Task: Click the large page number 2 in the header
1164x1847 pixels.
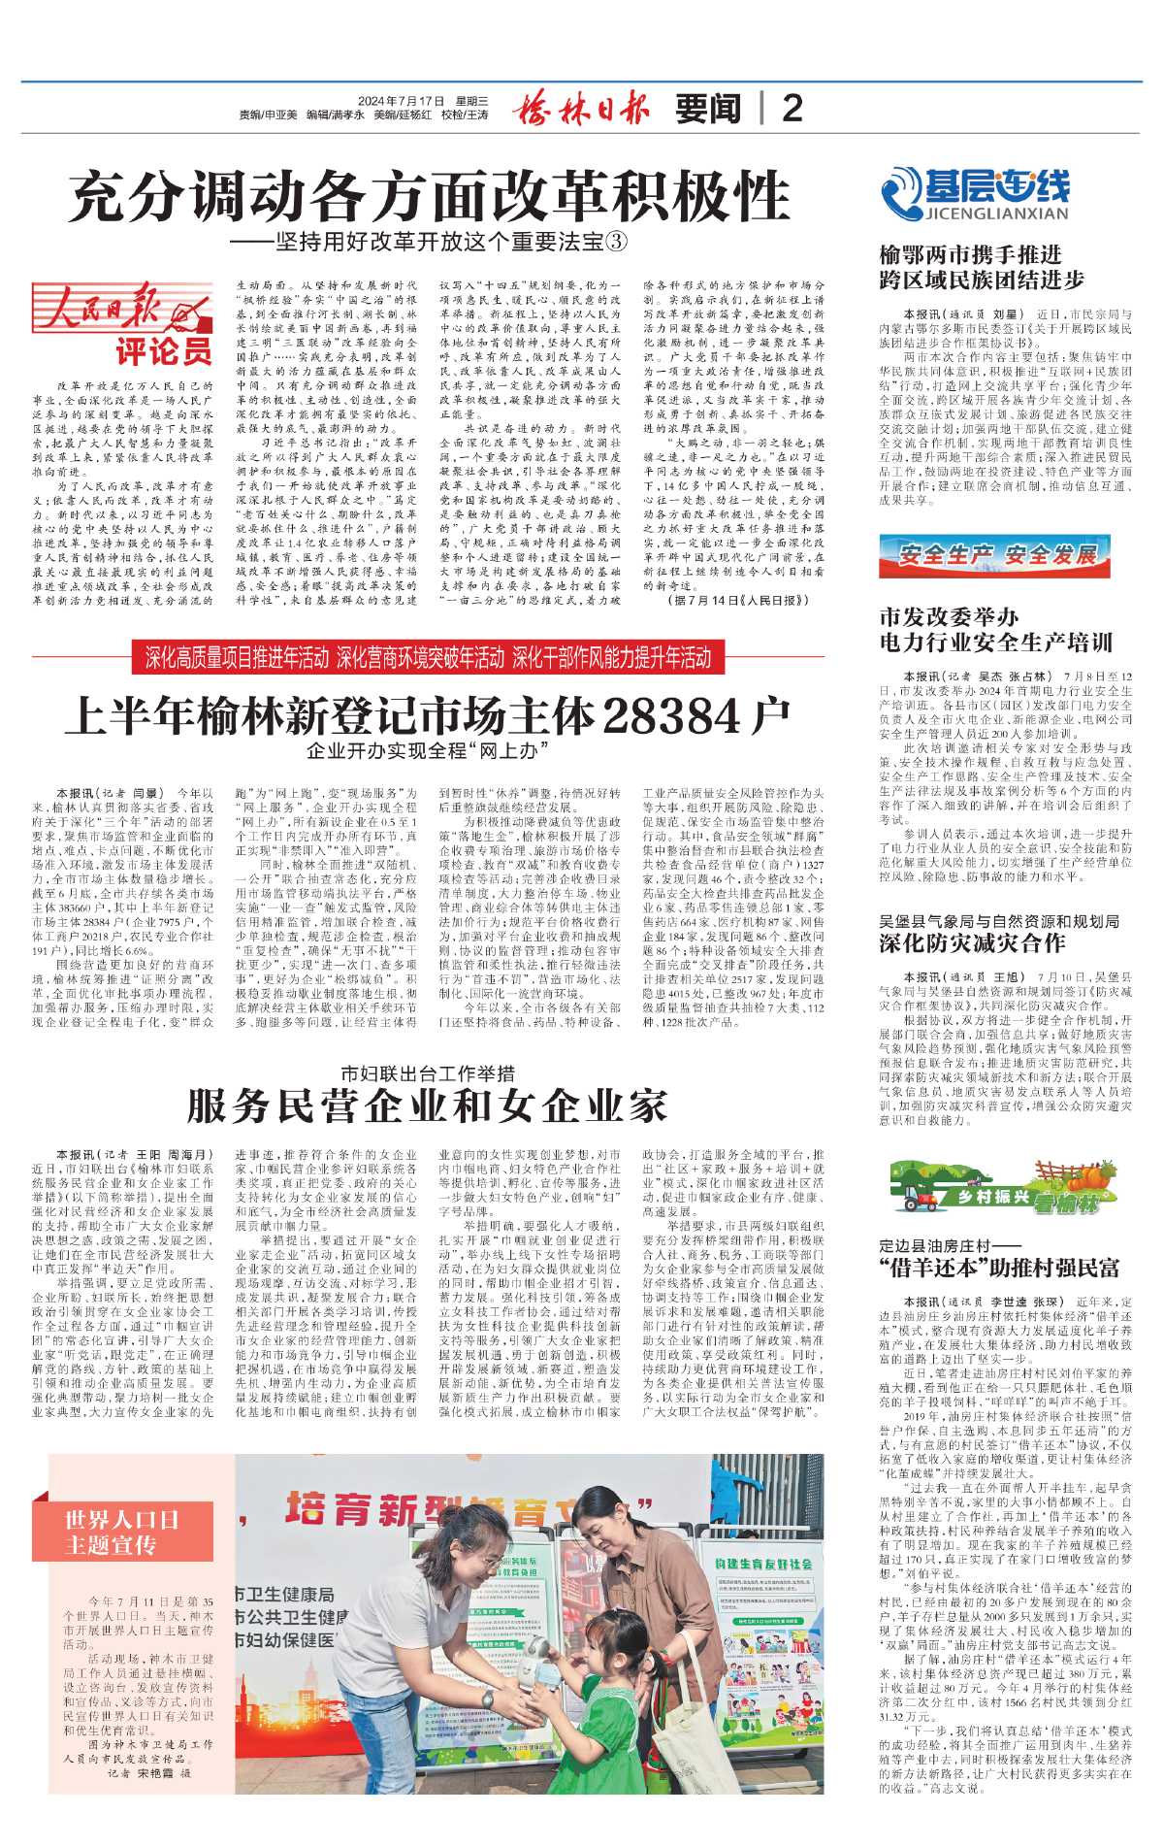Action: pyautogui.click(x=792, y=108)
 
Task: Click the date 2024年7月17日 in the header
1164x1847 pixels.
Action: pyautogui.click(x=401, y=101)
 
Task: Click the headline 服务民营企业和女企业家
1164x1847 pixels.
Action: pyautogui.click(x=428, y=1105)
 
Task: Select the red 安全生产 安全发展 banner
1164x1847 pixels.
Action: pyautogui.click(x=994, y=556)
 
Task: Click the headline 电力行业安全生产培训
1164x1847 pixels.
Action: pyautogui.click(x=995, y=643)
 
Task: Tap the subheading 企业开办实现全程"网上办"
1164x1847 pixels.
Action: pyautogui.click(x=428, y=750)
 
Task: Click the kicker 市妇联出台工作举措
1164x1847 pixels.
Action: pyautogui.click(x=427, y=1073)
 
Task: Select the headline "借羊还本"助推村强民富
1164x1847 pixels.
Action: pyautogui.click(x=999, y=1267)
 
